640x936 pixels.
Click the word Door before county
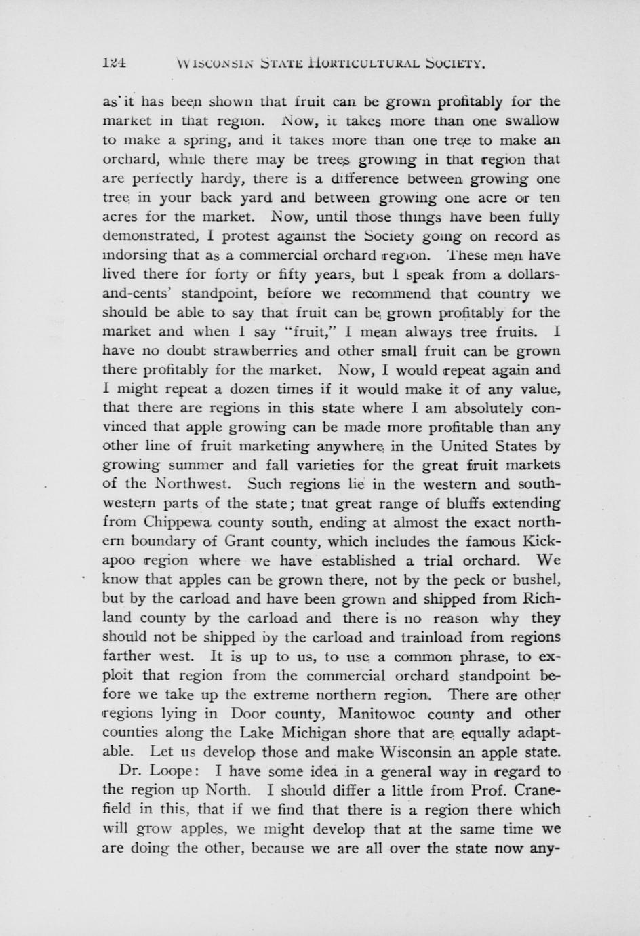pos(249,714)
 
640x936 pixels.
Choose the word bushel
pos(534,580)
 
